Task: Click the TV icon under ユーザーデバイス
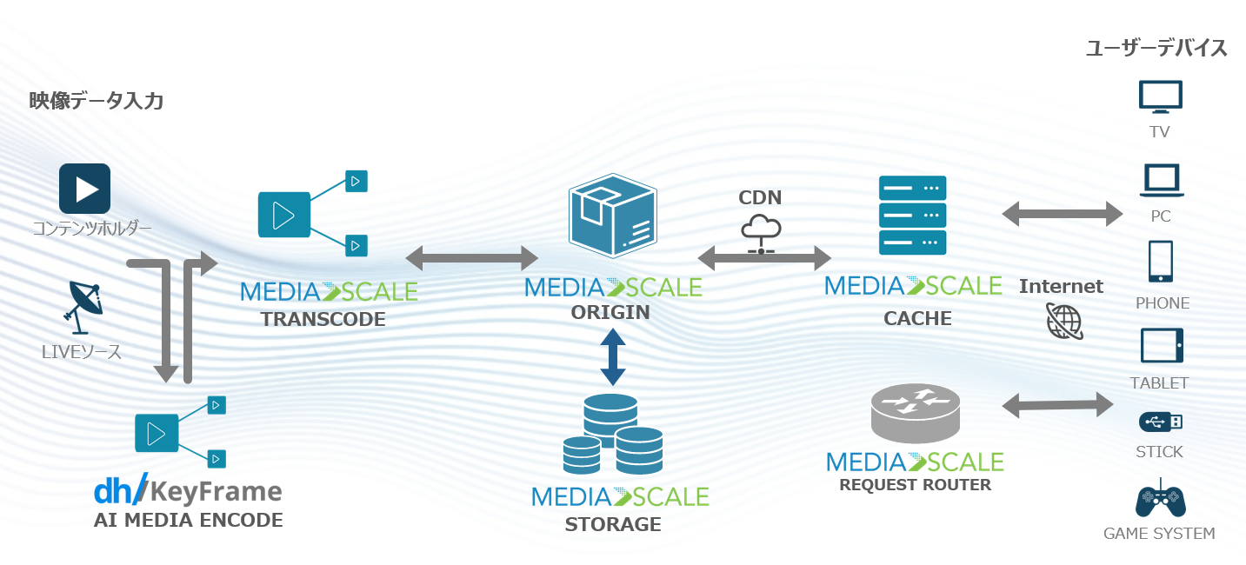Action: click(x=1160, y=97)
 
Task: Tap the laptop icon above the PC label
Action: click(x=1160, y=181)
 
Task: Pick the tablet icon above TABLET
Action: click(x=1162, y=345)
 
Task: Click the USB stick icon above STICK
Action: click(x=1161, y=422)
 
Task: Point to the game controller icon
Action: click(x=1160, y=499)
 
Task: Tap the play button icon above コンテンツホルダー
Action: click(x=84, y=189)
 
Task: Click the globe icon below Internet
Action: click(x=1064, y=321)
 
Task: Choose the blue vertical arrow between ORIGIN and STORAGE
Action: click(x=613, y=357)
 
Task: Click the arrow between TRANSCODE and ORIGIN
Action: click(x=472, y=258)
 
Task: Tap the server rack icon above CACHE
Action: click(x=912, y=215)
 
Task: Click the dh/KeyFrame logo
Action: click(x=188, y=491)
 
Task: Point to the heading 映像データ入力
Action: click(x=97, y=101)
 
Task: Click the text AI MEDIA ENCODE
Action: click(x=188, y=521)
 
